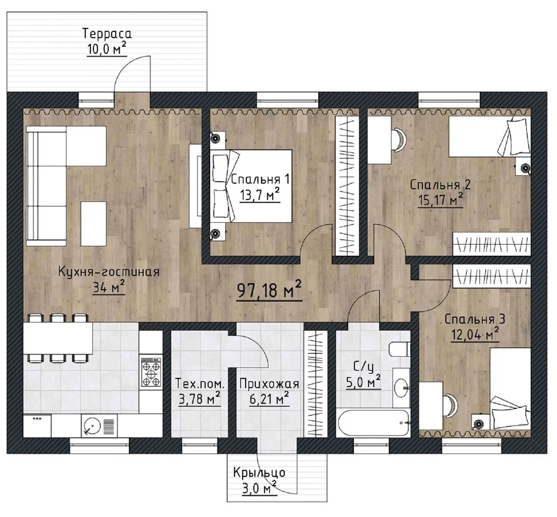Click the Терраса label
click(107, 34)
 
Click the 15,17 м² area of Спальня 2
click(441, 200)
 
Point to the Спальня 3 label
click(475, 319)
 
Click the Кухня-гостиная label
click(109, 272)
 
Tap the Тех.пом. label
click(200, 384)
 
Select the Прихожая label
click(269, 384)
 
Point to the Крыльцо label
click(259, 473)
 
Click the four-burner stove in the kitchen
click(151, 372)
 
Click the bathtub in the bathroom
click(373, 423)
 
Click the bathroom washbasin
click(402, 387)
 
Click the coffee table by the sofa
click(93, 224)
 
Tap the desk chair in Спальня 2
click(398, 140)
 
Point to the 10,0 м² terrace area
click(107, 49)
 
